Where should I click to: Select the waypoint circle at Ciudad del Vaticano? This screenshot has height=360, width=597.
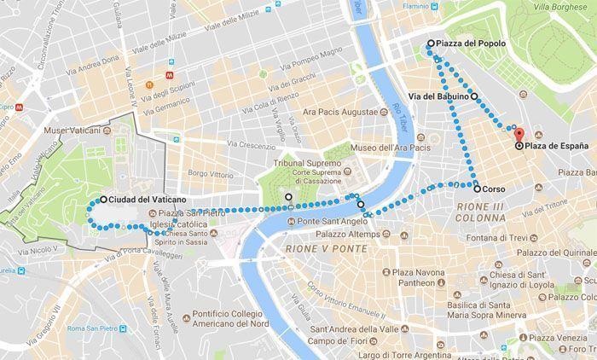click(x=103, y=200)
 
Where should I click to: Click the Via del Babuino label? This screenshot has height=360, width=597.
click(x=438, y=97)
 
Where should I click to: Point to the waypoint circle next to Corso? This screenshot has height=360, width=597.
click(x=477, y=189)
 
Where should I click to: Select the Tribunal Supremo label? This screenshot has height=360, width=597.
click(x=307, y=162)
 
